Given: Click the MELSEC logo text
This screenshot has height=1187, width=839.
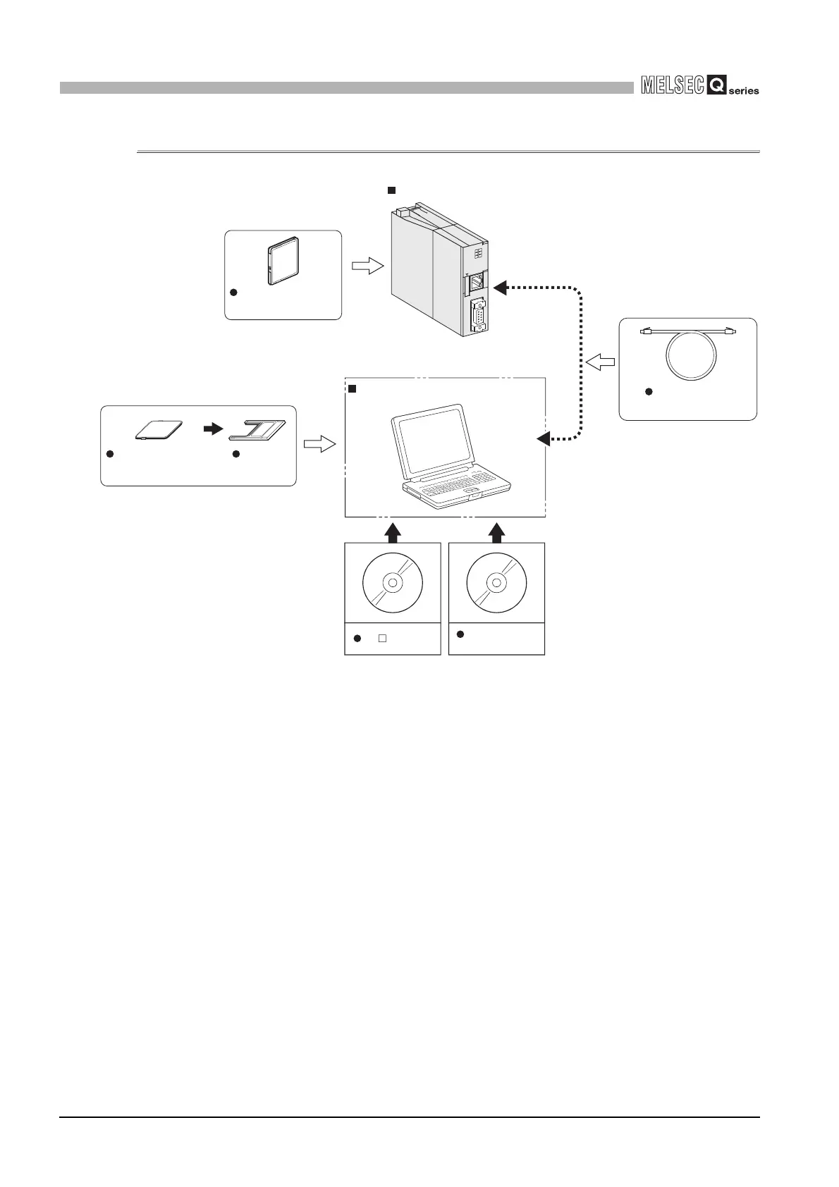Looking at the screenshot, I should tap(673, 86).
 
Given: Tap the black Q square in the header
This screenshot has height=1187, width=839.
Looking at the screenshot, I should tap(716, 86).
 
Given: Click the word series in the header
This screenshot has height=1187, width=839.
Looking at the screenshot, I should tap(744, 91).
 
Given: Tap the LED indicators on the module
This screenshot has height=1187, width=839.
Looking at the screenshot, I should tap(479, 254).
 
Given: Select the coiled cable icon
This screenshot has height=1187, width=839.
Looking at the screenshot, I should tap(687, 353).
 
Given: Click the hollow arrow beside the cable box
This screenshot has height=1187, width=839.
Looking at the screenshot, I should tap(600, 362).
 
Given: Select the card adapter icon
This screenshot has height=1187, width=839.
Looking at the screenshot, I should tap(258, 430).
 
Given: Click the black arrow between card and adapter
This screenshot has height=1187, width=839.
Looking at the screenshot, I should tap(212, 429).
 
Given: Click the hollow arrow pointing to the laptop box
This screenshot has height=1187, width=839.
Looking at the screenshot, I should tap(319, 444).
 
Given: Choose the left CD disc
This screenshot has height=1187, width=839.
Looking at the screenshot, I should tap(392, 583).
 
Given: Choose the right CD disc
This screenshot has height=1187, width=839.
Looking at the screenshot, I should tap(496, 583).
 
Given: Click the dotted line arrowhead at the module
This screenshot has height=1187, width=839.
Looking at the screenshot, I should tap(500, 287).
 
